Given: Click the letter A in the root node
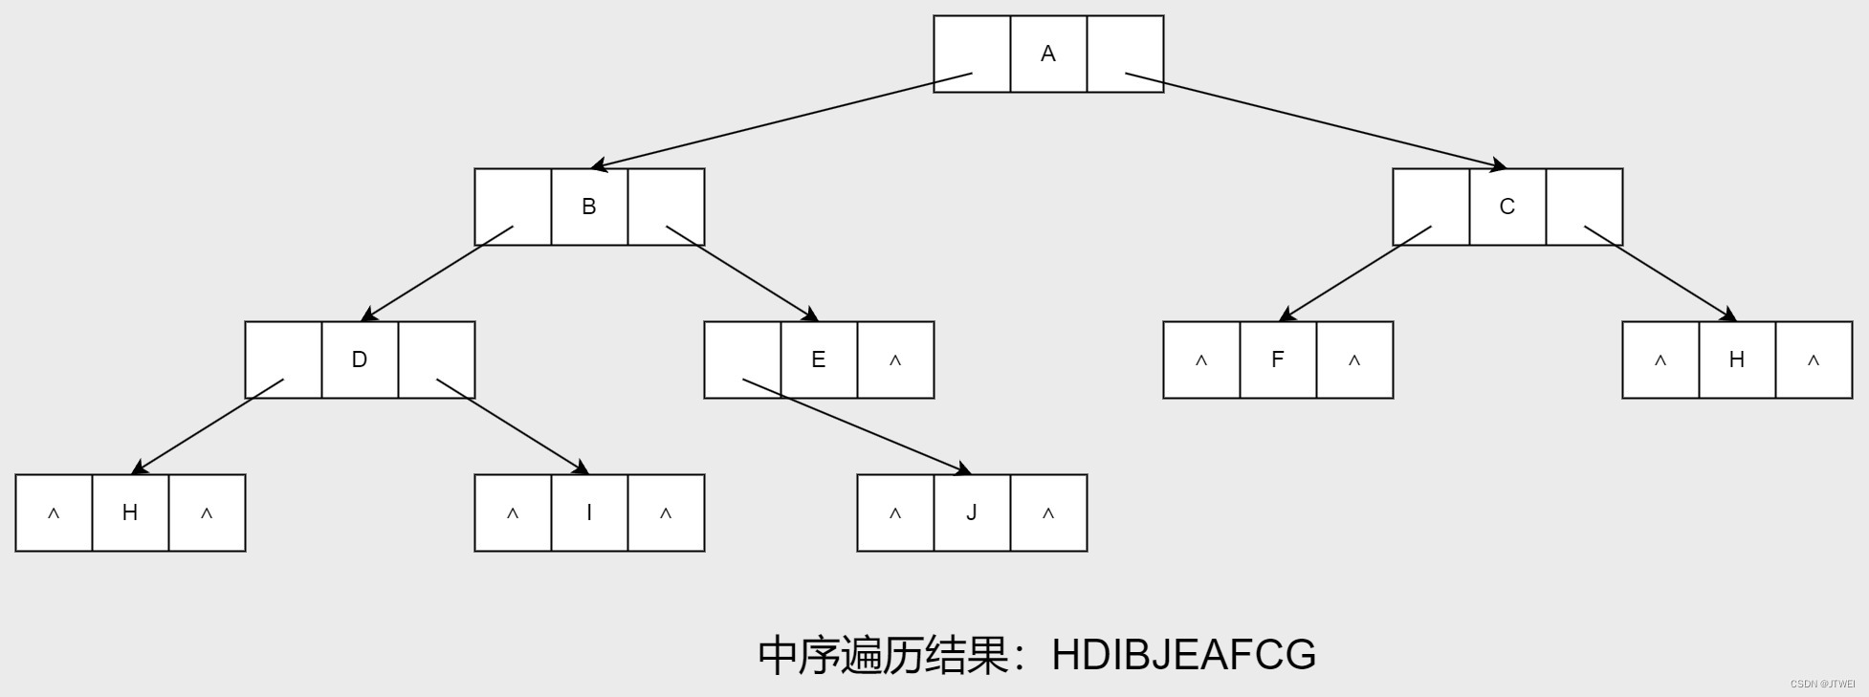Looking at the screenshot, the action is [1048, 54].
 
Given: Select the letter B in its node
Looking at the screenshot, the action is [589, 207].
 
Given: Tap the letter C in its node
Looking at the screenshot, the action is [1507, 207].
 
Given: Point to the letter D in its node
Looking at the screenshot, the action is [360, 359].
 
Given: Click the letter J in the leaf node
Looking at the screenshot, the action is [972, 512].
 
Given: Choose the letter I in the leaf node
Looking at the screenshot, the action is [589, 512].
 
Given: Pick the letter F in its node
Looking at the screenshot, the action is [1278, 359].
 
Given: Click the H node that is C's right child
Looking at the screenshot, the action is [1737, 359].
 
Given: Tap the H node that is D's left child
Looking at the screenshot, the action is [130, 512].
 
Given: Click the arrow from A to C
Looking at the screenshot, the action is [1316, 120].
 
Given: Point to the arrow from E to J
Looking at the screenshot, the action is [857, 426].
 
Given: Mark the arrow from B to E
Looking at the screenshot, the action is [742, 273].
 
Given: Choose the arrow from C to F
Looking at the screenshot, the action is [1354, 273].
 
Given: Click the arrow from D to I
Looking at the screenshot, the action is [513, 426].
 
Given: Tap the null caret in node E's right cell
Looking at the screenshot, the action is [895, 360].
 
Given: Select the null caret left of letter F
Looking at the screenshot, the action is [1201, 360].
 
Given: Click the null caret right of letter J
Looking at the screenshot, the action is [1048, 513].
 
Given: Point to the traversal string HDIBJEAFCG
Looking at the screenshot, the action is [1183, 655].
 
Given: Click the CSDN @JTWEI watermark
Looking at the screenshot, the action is [1822, 685].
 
